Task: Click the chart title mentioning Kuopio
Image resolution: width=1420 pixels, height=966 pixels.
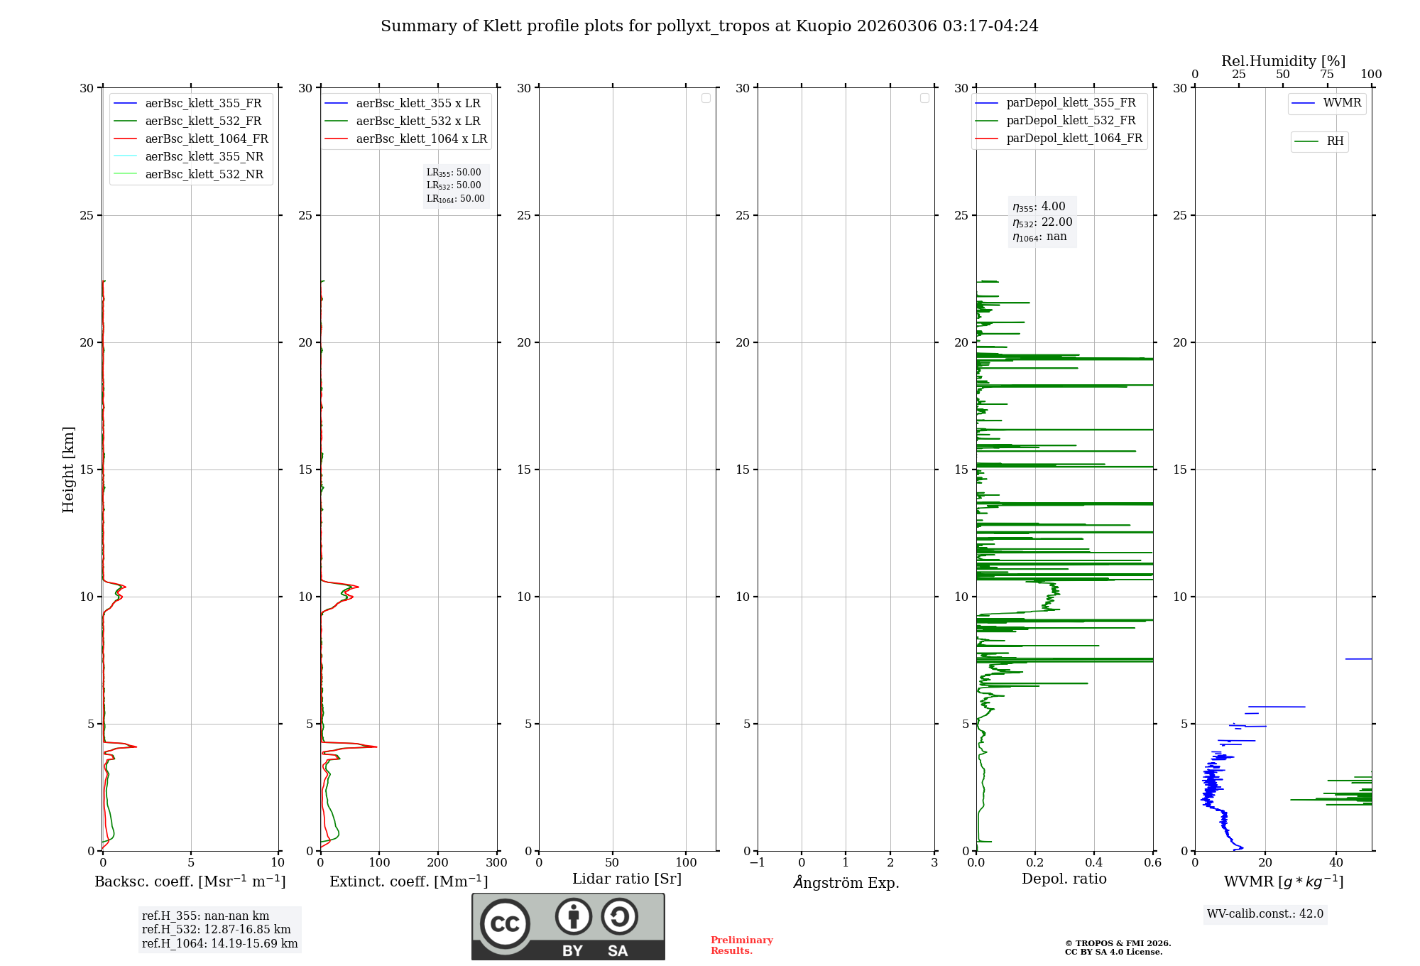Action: (709, 26)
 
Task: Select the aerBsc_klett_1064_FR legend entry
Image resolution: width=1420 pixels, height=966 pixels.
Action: (207, 139)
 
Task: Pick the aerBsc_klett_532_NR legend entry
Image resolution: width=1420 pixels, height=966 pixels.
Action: (204, 175)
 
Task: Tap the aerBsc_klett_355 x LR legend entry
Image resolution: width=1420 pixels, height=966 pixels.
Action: (417, 104)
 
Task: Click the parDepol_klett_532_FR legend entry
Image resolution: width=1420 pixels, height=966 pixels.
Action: (1071, 121)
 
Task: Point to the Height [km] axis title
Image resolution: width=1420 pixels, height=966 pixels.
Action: (68, 470)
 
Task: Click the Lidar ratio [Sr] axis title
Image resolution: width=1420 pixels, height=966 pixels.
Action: (627, 879)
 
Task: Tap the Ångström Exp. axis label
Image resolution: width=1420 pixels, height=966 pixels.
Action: (846, 883)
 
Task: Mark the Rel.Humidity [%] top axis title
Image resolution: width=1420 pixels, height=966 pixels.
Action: (1283, 61)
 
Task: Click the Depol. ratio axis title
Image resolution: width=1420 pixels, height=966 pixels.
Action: (1064, 879)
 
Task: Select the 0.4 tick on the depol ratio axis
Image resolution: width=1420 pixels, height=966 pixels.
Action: (1094, 863)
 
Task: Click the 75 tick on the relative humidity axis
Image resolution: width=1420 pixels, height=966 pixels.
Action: (1327, 75)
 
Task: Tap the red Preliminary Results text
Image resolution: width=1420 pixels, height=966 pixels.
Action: (741, 945)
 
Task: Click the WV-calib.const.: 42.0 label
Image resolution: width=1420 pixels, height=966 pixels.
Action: (1265, 914)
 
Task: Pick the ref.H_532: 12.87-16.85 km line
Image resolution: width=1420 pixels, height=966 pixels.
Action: (217, 930)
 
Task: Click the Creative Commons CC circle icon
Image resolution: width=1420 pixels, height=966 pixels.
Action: (505, 924)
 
